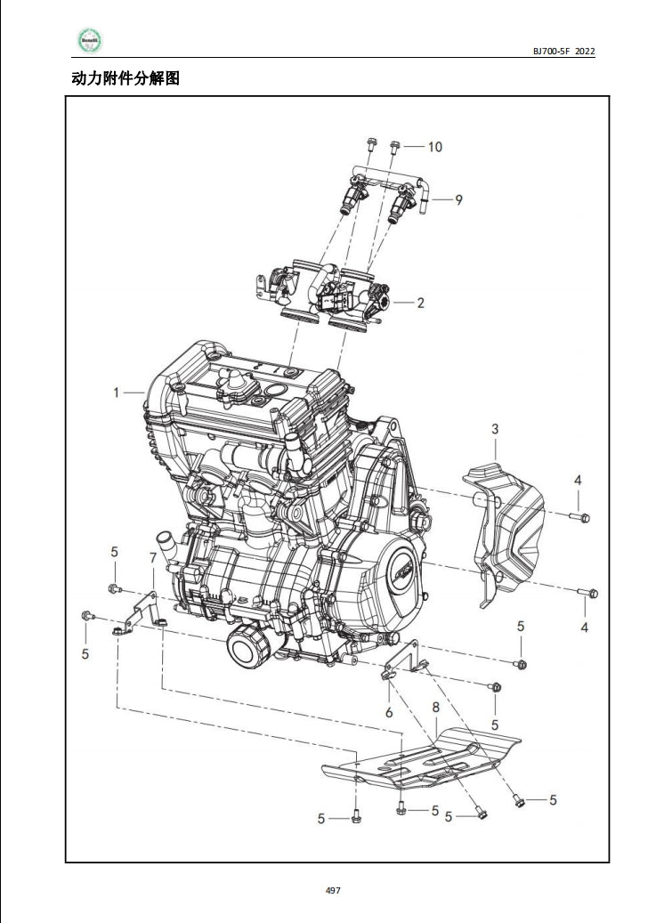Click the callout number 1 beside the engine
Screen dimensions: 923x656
click(x=116, y=392)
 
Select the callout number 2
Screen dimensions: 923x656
click(x=420, y=303)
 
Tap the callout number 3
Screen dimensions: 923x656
click(x=495, y=430)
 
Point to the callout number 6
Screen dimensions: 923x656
click(x=388, y=712)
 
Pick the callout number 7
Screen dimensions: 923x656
click(x=152, y=557)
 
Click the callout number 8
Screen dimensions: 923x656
click(x=435, y=707)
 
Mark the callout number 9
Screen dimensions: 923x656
click(x=458, y=199)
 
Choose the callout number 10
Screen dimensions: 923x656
click(x=434, y=147)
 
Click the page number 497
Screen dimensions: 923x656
click(x=333, y=890)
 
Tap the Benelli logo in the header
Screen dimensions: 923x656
click(x=89, y=41)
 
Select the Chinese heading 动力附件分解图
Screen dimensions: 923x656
click(x=126, y=78)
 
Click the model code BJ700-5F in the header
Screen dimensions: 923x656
click(x=552, y=52)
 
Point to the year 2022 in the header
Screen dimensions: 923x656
click(x=585, y=52)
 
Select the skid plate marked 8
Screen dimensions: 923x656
click(x=418, y=757)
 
